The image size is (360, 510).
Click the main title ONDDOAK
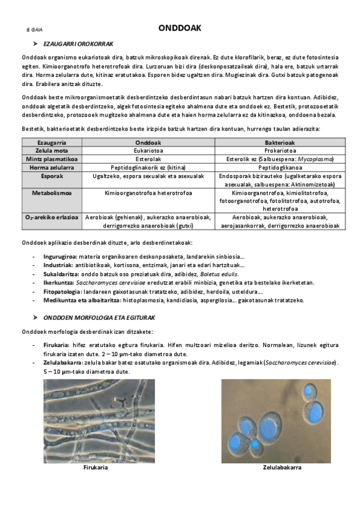[180, 28]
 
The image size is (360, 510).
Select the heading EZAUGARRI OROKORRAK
[78, 44]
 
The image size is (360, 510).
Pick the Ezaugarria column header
[51, 142]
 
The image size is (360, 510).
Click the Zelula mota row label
[51, 150]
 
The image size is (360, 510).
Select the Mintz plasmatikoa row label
[51, 159]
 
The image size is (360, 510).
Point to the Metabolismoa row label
[51, 193]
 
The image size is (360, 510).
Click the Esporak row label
[51, 176]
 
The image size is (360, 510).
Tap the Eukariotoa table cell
[148, 150]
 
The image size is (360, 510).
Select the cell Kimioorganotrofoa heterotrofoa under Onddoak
[148, 193]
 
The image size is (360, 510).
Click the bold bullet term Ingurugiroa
[60, 257]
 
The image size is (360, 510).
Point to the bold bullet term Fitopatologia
[62, 291]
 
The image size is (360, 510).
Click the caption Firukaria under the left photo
[96, 467]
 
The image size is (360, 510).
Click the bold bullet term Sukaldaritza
[60, 274]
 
